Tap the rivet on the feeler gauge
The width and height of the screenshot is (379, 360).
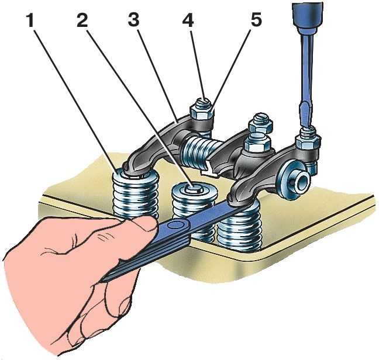174,224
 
